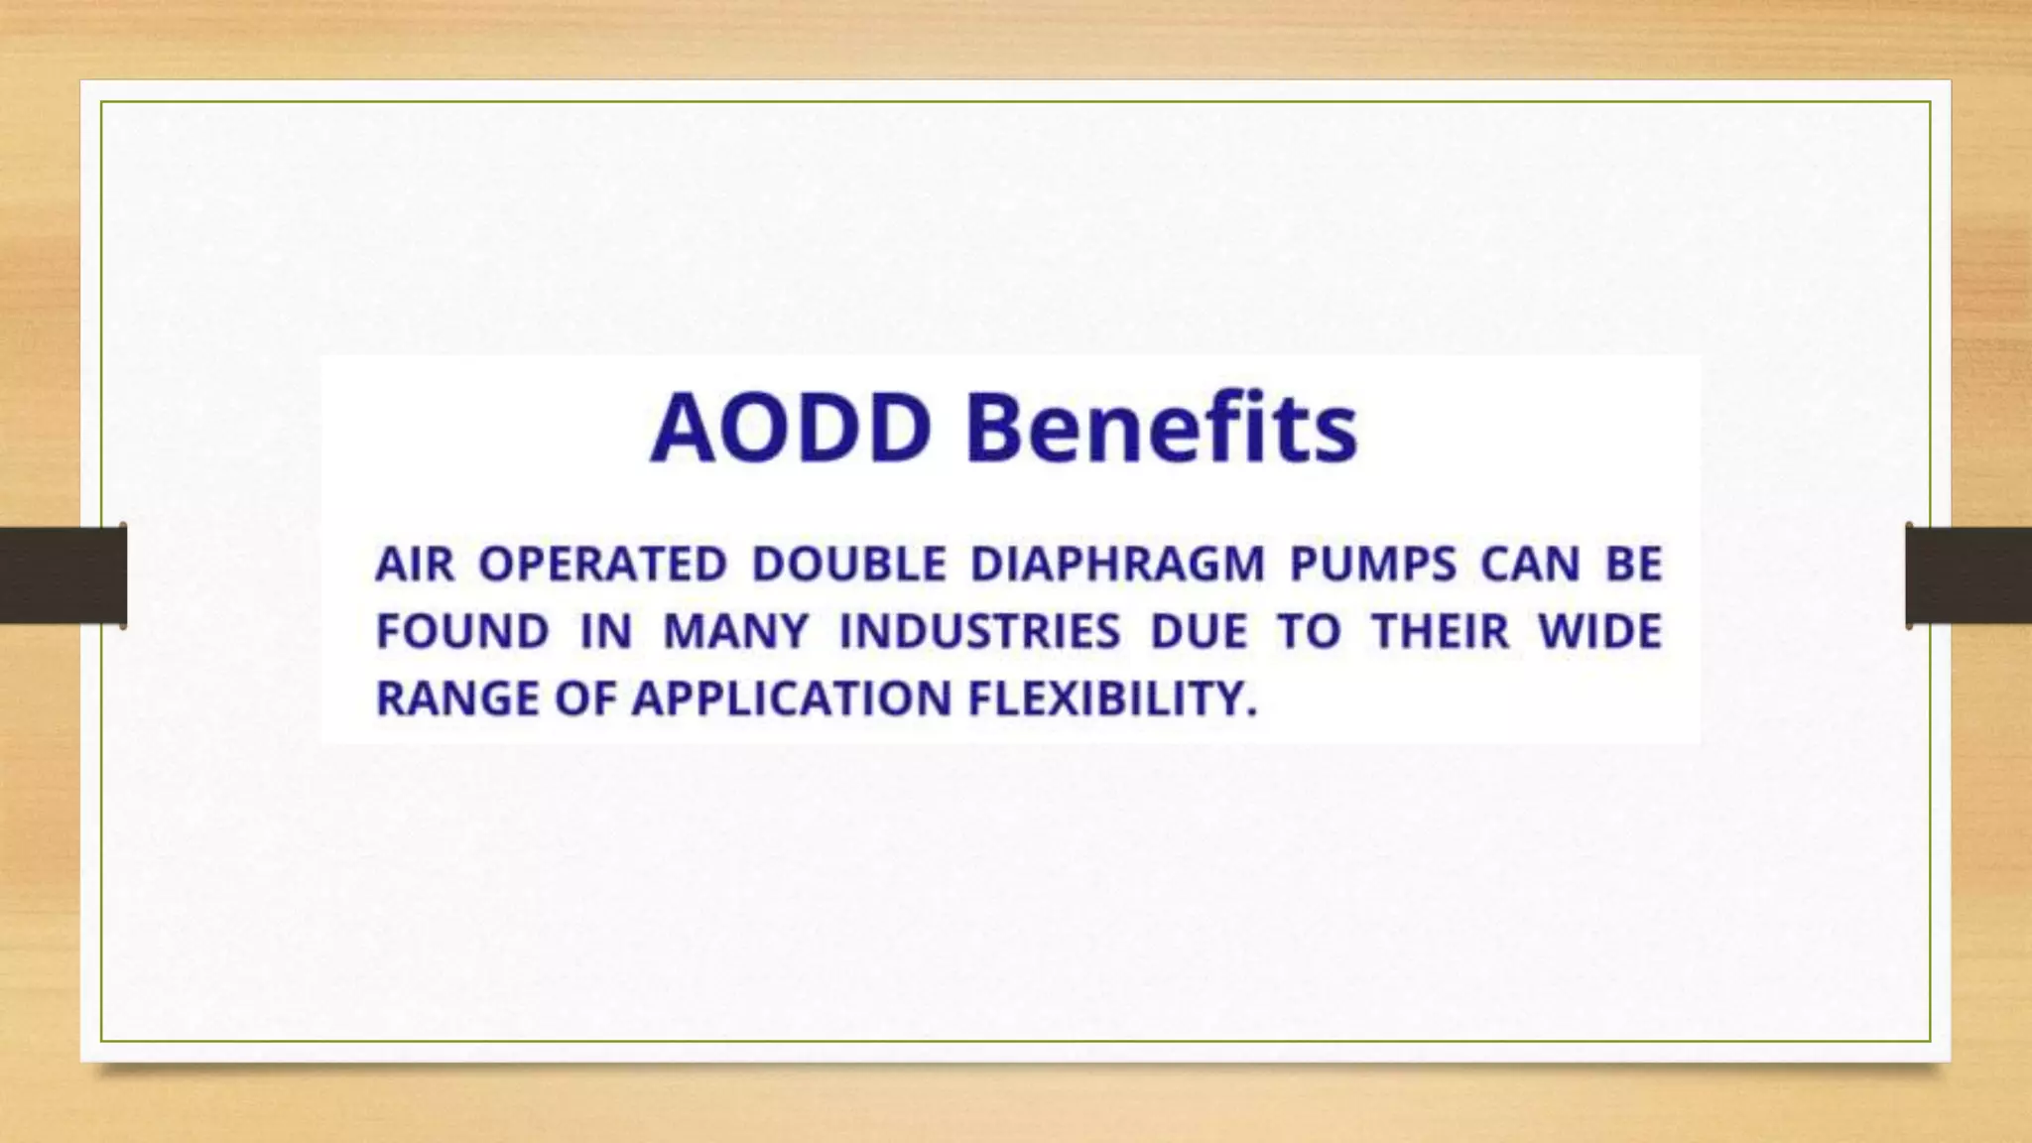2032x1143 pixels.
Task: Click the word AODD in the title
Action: coord(791,429)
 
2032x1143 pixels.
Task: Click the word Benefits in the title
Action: coord(1161,429)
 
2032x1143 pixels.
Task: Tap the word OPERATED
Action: coord(602,565)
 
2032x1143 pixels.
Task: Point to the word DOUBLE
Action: coord(848,565)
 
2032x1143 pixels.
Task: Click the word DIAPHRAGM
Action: coord(1117,565)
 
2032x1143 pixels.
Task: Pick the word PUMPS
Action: coord(1372,565)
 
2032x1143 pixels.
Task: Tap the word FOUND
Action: coord(462,632)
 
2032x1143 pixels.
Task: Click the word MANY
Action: coord(735,632)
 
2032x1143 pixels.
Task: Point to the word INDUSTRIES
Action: coord(979,632)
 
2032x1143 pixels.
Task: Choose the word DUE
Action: coord(1198,632)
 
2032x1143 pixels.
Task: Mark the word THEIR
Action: coord(1441,632)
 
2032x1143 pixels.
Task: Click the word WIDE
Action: coord(1599,632)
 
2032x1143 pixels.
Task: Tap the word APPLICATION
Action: coord(792,698)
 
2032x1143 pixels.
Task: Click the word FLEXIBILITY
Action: coord(1111,698)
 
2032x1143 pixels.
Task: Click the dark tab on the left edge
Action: coord(63,575)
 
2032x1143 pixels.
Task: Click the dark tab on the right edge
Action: coord(1968,575)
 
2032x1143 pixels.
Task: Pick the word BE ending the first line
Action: coord(1633,565)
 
